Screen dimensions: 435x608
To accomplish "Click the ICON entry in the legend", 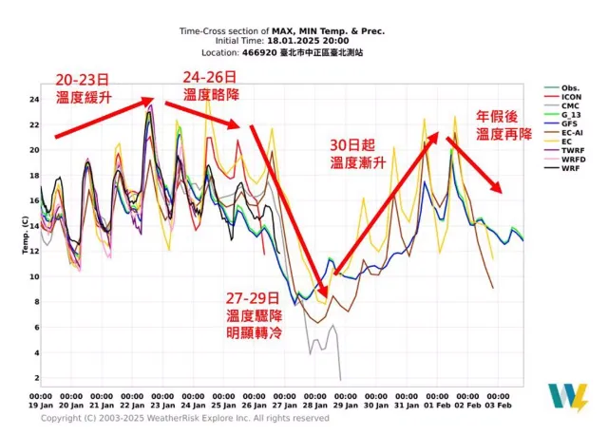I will coord(571,98).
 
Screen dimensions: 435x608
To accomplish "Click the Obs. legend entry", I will coord(571,87).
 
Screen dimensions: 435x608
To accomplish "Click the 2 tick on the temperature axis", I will coord(32,378).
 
